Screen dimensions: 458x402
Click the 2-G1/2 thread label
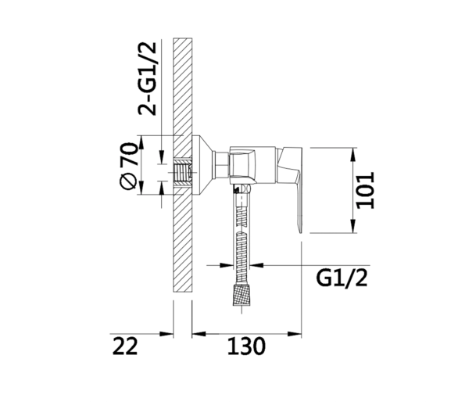point(148,79)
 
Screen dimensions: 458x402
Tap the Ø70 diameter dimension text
point(129,166)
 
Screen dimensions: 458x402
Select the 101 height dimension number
point(366,190)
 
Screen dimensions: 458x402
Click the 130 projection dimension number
point(246,346)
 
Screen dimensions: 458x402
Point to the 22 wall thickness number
point(125,346)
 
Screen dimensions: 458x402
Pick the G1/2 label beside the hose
point(342,278)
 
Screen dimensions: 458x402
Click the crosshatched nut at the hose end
point(242,295)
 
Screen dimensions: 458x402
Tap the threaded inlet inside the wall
point(182,173)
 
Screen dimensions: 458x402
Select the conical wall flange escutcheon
point(203,165)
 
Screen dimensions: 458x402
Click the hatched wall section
point(183,165)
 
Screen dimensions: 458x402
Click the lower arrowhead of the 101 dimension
point(354,226)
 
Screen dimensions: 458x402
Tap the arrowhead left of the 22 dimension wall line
point(166,334)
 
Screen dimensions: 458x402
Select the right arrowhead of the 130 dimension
point(295,334)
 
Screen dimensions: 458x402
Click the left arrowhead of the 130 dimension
point(199,334)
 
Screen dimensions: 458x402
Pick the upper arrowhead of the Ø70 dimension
point(141,142)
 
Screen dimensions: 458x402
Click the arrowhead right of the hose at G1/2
point(257,265)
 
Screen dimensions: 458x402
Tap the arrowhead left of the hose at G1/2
point(227,265)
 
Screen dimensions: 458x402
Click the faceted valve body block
point(242,165)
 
